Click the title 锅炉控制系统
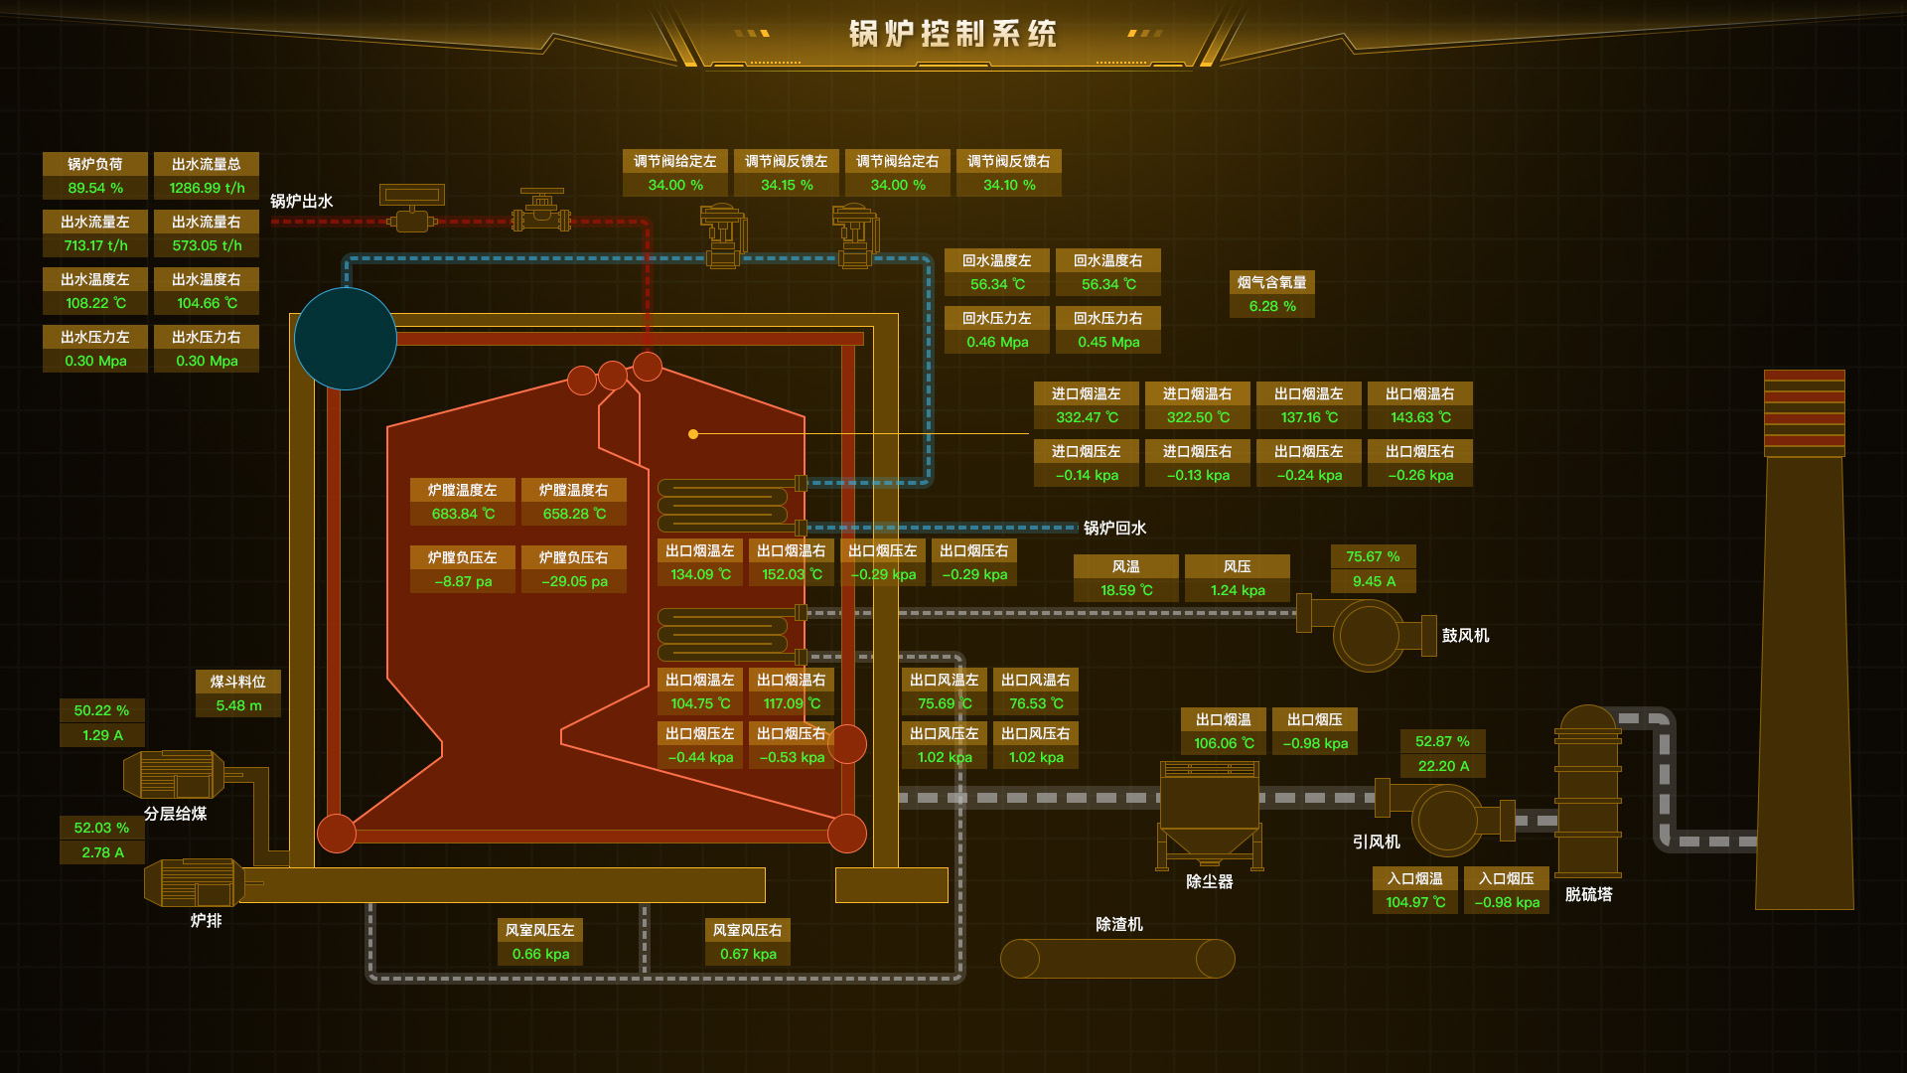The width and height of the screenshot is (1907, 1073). [x=953, y=34]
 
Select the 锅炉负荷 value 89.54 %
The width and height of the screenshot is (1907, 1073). [x=95, y=188]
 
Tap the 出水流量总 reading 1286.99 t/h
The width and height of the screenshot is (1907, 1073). [x=207, y=188]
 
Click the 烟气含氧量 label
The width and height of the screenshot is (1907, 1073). [x=1271, y=282]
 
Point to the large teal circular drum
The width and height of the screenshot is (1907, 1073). [x=346, y=339]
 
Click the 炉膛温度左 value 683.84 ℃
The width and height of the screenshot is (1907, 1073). [x=463, y=514]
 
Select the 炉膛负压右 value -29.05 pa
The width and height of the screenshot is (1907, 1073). [x=574, y=581]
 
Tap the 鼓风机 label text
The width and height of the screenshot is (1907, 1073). [x=1465, y=635]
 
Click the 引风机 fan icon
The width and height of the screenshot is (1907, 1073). [x=1447, y=820]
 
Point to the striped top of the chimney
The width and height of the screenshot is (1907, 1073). [x=1804, y=409]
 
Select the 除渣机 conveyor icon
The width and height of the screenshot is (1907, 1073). [x=1117, y=959]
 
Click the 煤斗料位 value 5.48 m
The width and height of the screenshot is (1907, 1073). [x=238, y=705]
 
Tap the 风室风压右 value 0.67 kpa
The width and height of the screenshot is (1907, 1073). [x=748, y=954]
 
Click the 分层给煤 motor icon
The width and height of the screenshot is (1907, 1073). [x=175, y=774]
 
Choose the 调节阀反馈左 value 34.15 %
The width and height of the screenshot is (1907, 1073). [x=787, y=185]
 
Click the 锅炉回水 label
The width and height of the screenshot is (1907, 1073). [x=1114, y=528]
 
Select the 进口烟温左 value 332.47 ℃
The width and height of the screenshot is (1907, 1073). [x=1087, y=417]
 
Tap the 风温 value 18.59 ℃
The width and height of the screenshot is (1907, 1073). [x=1126, y=590]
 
